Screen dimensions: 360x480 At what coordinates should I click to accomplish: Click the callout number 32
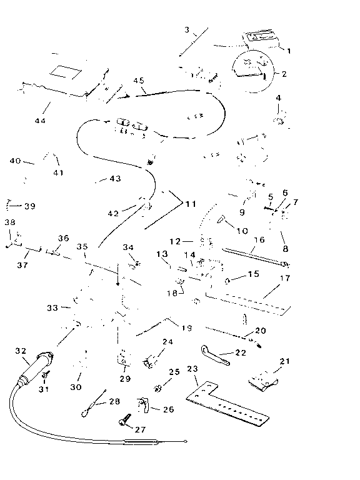(x=21, y=351)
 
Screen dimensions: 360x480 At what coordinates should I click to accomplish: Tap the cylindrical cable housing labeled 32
(x=36, y=369)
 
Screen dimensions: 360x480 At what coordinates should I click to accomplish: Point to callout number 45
(x=139, y=81)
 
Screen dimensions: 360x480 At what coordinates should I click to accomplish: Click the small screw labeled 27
(x=124, y=420)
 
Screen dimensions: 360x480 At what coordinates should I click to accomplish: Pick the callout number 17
(x=285, y=278)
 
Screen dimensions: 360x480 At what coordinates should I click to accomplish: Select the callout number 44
(x=40, y=121)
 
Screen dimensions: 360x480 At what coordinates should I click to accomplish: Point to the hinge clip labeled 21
(x=262, y=382)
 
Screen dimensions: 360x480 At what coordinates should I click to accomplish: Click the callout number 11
(x=191, y=204)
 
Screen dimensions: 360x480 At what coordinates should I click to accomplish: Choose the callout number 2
(x=284, y=74)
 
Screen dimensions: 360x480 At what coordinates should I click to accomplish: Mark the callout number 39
(x=30, y=206)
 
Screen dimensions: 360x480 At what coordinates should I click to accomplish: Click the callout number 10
(x=242, y=231)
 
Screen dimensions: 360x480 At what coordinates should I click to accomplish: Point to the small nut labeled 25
(x=157, y=389)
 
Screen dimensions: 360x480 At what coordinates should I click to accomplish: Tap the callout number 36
(x=63, y=238)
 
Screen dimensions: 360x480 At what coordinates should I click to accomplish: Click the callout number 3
(x=187, y=30)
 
